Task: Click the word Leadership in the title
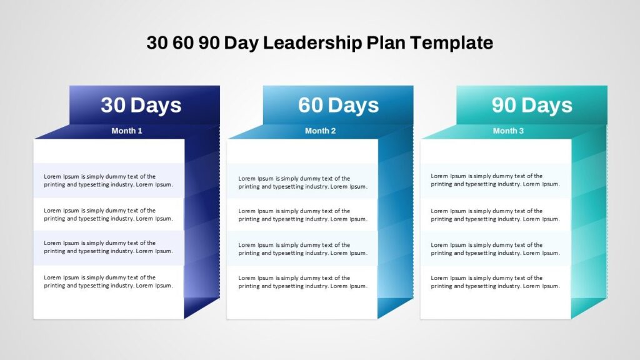[x=312, y=43]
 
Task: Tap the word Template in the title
[x=451, y=42]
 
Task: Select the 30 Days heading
[x=141, y=105]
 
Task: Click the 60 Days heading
[x=338, y=105]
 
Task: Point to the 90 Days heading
[x=532, y=105]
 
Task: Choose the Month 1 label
[x=127, y=131]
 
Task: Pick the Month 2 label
[x=321, y=131]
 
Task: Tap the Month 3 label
[x=508, y=131]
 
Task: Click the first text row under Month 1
[x=109, y=181]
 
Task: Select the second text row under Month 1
[x=109, y=215]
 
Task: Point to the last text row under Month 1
[x=109, y=282]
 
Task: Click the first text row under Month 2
[x=303, y=182]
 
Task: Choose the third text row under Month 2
[x=303, y=249]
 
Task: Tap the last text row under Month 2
[x=303, y=282]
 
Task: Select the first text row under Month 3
[x=496, y=180]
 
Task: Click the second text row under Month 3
[x=496, y=215]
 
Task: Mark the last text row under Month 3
[x=496, y=282]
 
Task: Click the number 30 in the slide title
[x=157, y=43]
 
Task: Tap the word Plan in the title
[x=386, y=42]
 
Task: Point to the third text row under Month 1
[x=109, y=247]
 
